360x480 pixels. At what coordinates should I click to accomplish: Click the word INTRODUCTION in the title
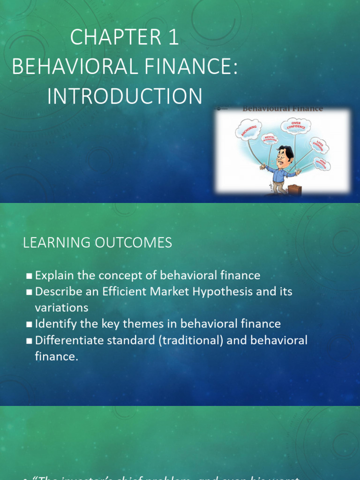pyautogui.click(x=125, y=96)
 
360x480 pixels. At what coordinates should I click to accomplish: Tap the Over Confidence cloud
pyautogui.click(x=295, y=126)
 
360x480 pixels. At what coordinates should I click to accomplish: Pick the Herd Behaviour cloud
pyautogui.click(x=322, y=164)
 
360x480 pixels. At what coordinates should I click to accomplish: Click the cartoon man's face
pyautogui.click(x=283, y=158)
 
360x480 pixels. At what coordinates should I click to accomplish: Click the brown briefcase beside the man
pyautogui.click(x=294, y=189)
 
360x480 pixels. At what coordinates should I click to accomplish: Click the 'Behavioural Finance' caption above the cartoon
pyautogui.click(x=282, y=109)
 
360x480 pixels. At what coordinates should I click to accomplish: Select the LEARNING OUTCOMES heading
pyautogui.click(x=97, y=243)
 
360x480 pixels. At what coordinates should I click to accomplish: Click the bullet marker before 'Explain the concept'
pyautogui.click(x=30, y=276)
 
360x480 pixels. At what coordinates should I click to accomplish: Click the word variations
pyautogui.click(x=61, y=307)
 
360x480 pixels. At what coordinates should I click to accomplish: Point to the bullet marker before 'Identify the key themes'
pyautogui.click(x=30, y=324)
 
